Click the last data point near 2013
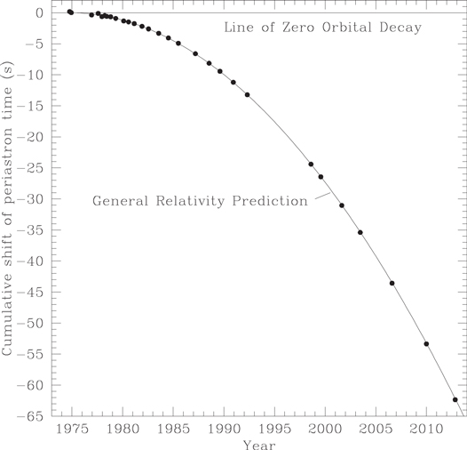click(455, 399)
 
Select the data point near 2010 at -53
click(426, 343)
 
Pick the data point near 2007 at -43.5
click(392, 283)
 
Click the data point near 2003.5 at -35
click(360, 232)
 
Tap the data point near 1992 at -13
click(247, 94)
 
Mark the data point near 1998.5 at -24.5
click(311, 164)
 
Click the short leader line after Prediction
click(321, 197)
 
